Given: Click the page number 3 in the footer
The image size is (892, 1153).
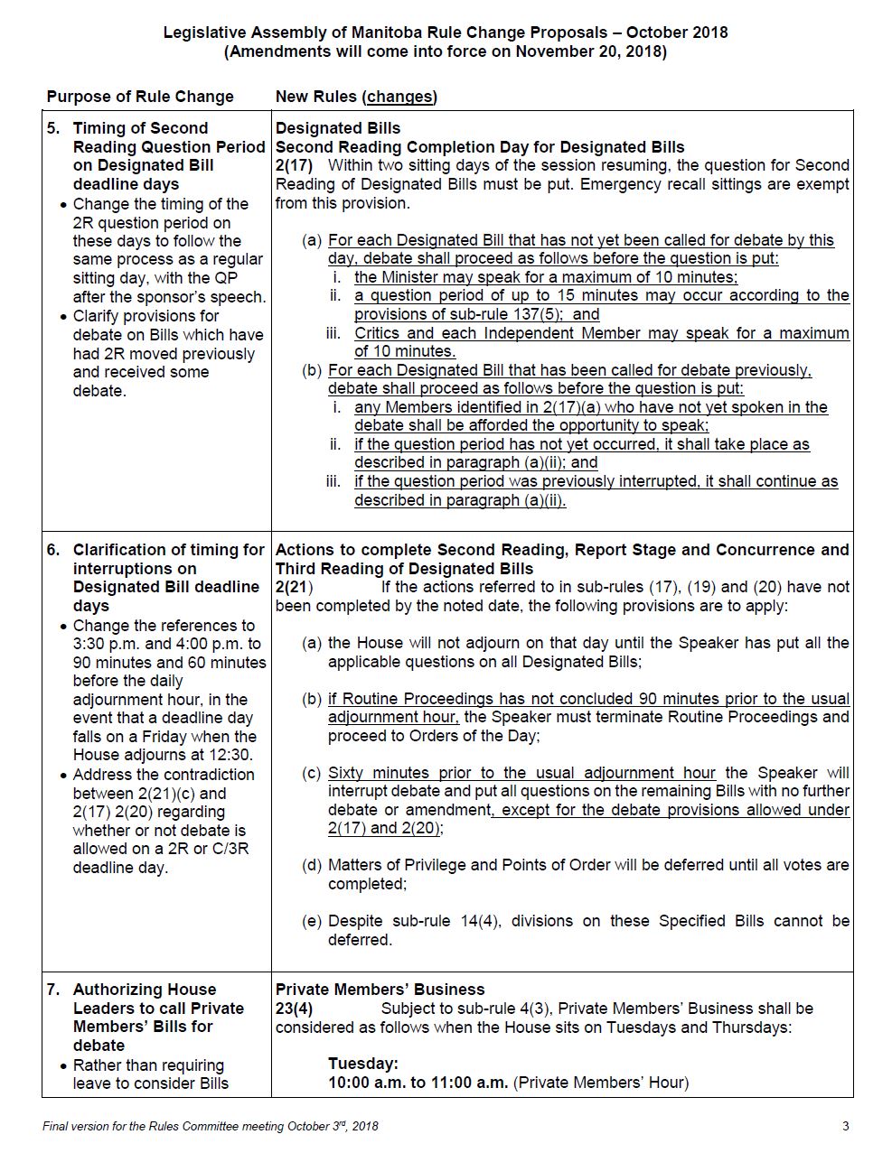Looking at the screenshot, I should (845, 1126).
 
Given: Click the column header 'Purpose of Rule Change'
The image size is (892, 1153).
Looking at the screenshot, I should (140, 97).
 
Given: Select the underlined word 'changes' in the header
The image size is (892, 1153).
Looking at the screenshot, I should (399, 97).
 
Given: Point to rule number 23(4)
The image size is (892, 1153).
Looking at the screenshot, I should (294, 1009).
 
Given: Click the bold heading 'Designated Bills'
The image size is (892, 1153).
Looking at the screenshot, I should (338, 128).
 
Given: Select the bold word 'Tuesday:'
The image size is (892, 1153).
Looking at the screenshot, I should (362, 1064).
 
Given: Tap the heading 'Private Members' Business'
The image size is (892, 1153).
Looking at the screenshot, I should (380, 990).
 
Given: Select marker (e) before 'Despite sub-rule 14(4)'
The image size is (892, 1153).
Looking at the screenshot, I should (312, 921).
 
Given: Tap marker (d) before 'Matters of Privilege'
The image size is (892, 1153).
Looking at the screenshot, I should (312, 865).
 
